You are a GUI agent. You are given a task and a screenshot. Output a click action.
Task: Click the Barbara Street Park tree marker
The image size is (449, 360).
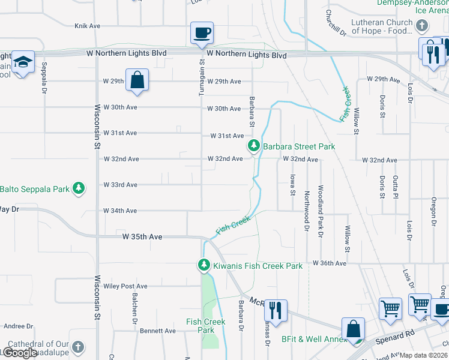[254, 146]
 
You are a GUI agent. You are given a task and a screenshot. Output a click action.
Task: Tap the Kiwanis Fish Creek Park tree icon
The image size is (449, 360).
[204, 265]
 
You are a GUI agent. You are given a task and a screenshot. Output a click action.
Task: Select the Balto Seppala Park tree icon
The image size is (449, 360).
[78, 188]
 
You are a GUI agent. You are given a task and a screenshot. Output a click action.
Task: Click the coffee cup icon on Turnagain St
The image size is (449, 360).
[202, 32]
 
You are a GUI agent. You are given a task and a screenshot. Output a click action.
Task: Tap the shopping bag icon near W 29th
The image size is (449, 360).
[137, 80]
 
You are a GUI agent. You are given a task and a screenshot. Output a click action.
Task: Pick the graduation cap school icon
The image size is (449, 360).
[23, 62]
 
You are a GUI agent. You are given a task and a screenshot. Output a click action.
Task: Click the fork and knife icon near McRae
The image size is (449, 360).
[276, 310]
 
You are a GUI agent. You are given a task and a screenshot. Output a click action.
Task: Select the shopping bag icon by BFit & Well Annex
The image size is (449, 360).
[353, 329]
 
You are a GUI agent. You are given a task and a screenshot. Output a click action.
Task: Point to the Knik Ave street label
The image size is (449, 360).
[87, 26]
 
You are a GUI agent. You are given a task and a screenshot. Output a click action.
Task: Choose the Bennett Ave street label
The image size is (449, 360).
[158, 331]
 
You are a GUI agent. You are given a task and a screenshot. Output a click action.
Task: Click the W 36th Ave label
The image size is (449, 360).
[330, 263]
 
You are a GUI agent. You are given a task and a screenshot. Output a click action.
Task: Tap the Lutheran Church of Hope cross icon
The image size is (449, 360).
[423, 26]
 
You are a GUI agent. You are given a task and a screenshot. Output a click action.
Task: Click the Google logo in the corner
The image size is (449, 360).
[20, 353]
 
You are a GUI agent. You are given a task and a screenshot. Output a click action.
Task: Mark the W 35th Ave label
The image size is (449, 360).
[142, 237]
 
